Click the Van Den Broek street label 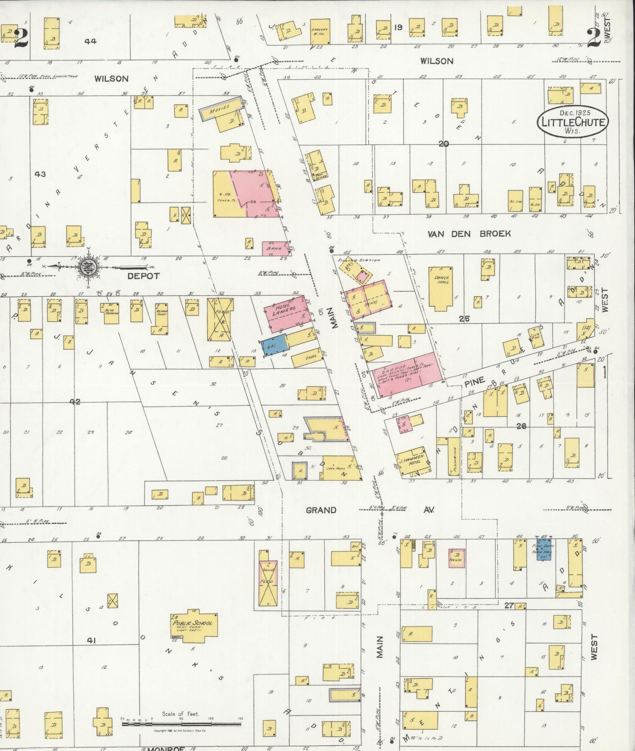(469, 234)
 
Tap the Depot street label (143, 276)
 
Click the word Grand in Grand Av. (321, 510)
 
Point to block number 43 (40, 174)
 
